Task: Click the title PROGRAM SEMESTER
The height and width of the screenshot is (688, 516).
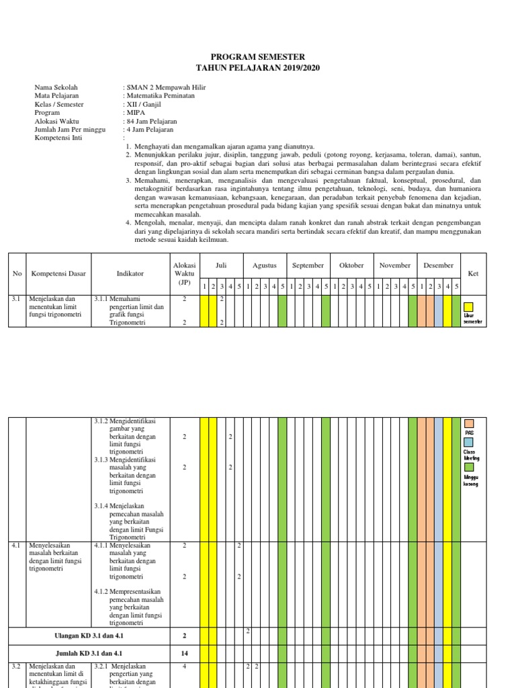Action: coord(259,57)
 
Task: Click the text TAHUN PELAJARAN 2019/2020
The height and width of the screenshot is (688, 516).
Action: coord(259,68)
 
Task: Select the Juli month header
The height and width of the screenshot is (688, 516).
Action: coord(221,265)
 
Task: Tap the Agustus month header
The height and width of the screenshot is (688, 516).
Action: coord(265,265)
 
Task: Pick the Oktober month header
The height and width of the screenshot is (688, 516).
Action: coord(351,265)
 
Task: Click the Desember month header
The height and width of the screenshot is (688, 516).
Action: coord(438,265)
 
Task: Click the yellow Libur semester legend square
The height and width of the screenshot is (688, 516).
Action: coord(468,306)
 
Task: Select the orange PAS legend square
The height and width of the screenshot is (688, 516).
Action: coord(468,424)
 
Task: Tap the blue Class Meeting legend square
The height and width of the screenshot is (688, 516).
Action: coord(468,443)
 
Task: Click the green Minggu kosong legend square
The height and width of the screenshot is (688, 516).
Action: coord(468,466)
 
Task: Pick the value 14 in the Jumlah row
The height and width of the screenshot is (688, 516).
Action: coord(184,652)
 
